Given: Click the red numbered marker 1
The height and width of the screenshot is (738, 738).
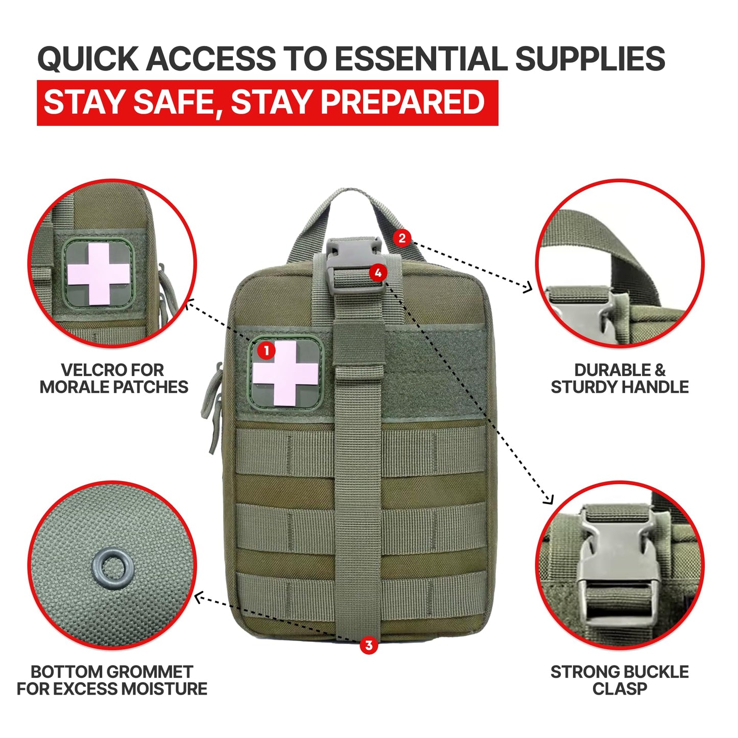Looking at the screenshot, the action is (x=267, y=350).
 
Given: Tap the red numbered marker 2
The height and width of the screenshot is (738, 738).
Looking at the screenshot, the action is (x=402, y=238).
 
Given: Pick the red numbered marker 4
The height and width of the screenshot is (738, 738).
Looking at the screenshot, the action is (x=378, y=273).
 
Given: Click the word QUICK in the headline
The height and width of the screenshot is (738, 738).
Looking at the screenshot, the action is (x=88, y=59).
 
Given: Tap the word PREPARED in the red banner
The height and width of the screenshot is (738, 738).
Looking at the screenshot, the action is (x=402, y=102).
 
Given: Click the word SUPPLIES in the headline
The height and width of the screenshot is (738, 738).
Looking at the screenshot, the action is (x=590, y=58).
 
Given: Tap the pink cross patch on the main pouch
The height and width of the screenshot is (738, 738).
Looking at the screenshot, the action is (x=285, y=373).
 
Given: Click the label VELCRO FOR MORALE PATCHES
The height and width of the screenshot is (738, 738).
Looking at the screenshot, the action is (x=114, y=378).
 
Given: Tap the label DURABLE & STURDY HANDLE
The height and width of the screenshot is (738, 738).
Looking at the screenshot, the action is (x=620, y=378).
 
